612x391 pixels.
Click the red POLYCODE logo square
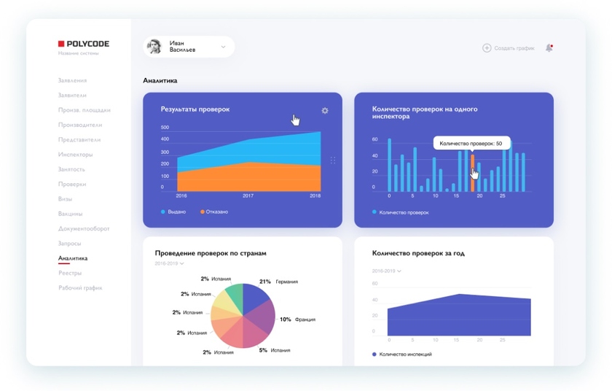click(62, 44)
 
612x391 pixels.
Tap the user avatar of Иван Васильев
click(154, 47)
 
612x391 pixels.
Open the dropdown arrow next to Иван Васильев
click(223, 47)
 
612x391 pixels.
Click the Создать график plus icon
click(487, 48)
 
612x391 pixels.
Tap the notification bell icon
click(549, 48)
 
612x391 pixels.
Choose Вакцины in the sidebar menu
click(70, 214)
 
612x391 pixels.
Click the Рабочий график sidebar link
click(80, 288)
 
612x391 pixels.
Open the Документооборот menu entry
click(84, 228)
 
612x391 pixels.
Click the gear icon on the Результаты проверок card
click(325, 111)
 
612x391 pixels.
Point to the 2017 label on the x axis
click(248, 195)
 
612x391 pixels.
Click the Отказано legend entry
click(215, 212)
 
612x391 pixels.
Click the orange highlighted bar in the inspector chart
click(472, 172)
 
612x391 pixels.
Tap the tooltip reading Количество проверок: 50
click(471, 144)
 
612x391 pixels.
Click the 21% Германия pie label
click(278, 282)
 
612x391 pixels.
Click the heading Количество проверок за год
click(417, 253)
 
